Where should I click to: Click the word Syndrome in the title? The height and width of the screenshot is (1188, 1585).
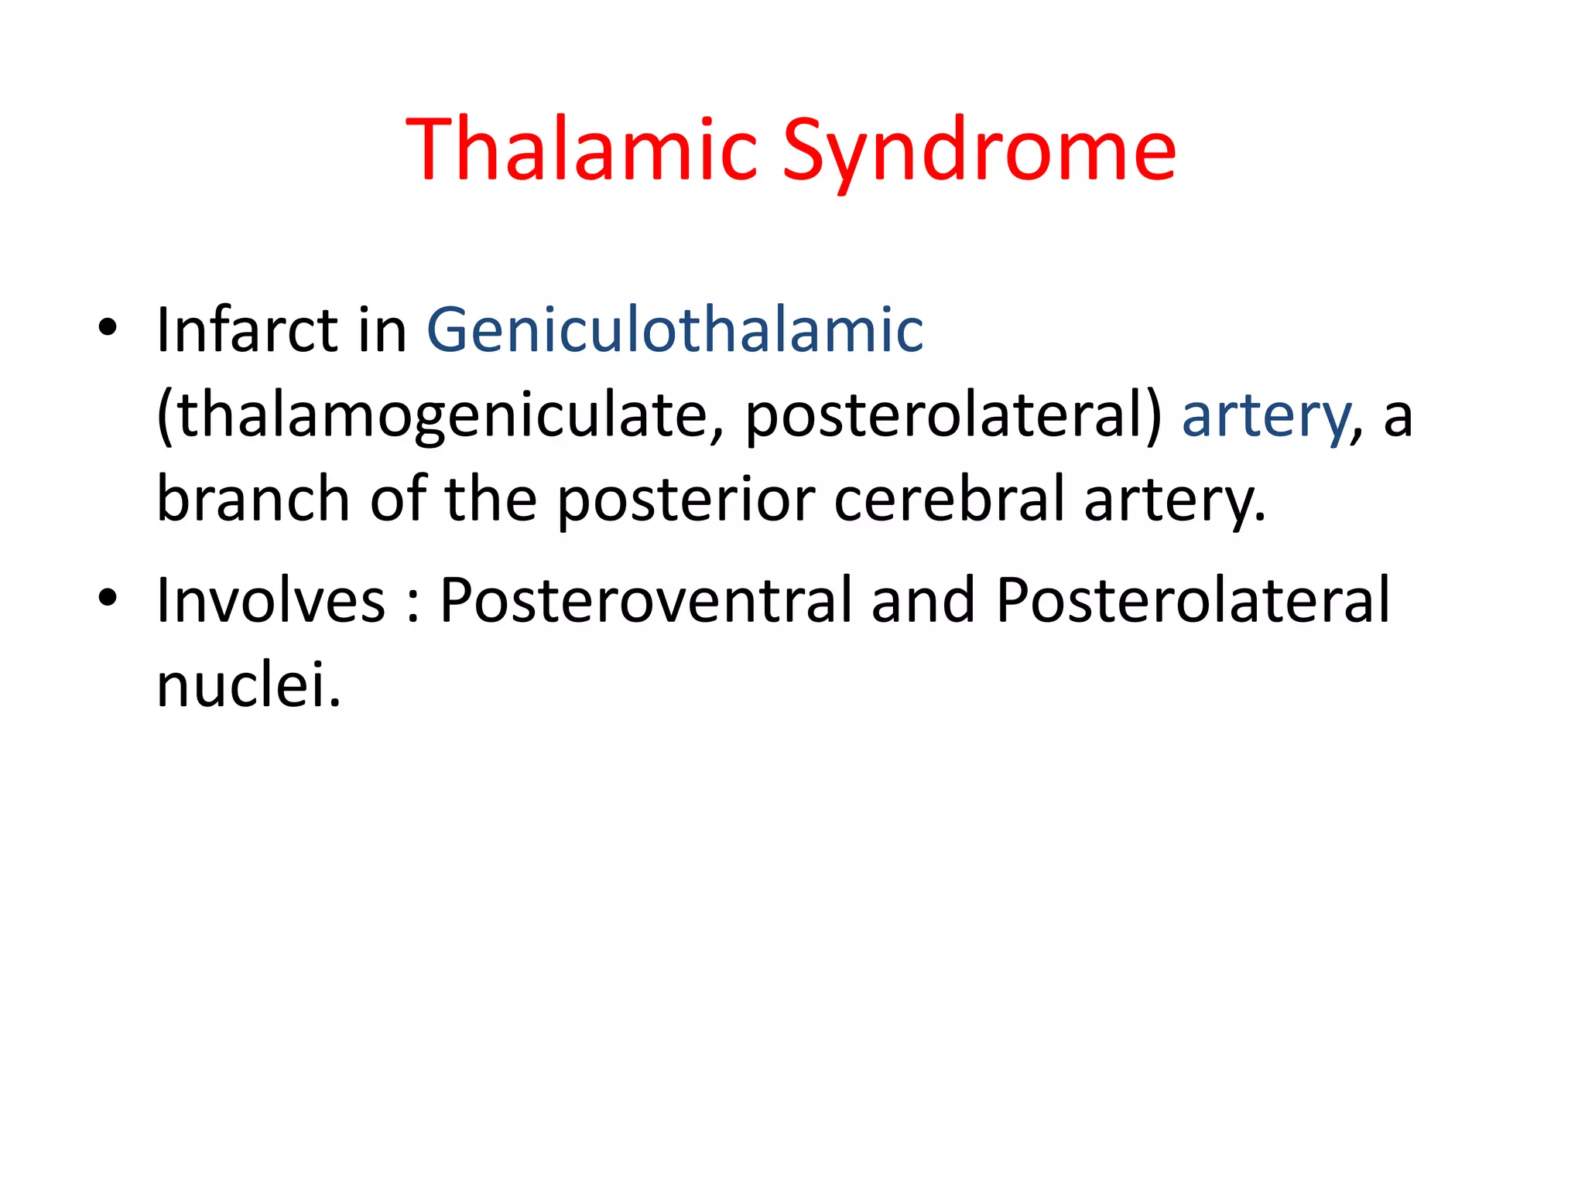(979, 152)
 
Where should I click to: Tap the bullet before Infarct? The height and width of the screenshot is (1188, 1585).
(108, 328)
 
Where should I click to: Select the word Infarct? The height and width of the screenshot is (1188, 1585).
(247, 330)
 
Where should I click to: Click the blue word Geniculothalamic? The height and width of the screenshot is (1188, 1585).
(675, 330)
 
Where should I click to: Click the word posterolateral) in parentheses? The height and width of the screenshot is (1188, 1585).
(953, 416)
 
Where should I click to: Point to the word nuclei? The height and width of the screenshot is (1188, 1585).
(248, 685)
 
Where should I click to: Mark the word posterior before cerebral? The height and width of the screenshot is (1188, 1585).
(686, 500)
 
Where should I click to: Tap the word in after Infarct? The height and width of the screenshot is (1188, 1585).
(382, 330)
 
